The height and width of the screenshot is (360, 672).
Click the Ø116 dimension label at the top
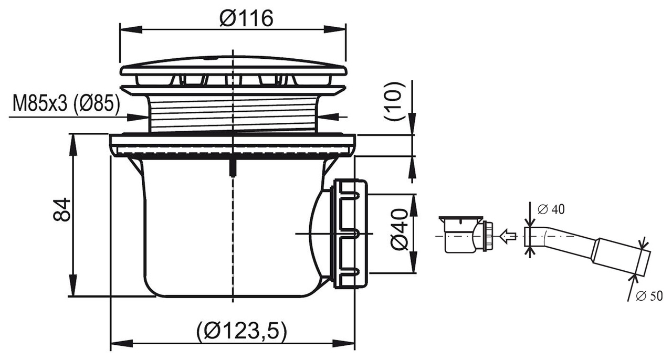point(247,19)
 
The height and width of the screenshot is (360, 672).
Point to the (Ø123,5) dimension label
point(242,331)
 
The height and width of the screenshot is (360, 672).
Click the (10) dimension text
point(395,102)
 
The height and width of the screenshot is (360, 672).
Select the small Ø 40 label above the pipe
point(551,209)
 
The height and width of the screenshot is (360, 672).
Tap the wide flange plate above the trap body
point(233,144)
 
